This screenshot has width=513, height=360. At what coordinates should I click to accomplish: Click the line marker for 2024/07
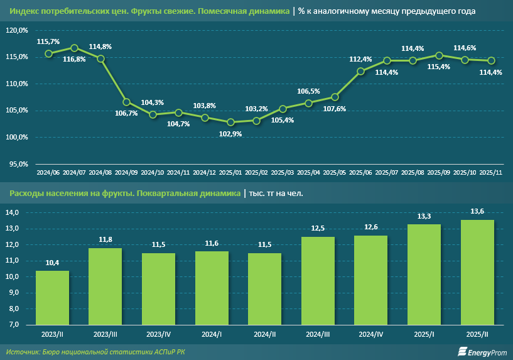coord(74,48)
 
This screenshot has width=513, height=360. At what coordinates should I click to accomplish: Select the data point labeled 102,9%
coord(230,122)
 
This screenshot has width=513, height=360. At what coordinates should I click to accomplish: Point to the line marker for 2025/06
coord(360,71)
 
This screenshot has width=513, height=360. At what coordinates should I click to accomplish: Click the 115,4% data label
coord(438,67)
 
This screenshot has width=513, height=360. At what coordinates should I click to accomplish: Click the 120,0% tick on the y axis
coord(17,30)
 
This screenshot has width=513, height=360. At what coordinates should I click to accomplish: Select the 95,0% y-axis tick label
coord(18,163)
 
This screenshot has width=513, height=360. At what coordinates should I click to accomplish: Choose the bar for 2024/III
coord(318,280)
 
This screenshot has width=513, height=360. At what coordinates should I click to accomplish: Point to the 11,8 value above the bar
coord(105,239)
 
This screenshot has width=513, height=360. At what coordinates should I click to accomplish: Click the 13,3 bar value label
coord(424,215)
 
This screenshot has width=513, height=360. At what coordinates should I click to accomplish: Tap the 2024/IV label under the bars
coord(371,333)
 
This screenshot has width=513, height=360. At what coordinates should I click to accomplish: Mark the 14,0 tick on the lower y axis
coord(13,212)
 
